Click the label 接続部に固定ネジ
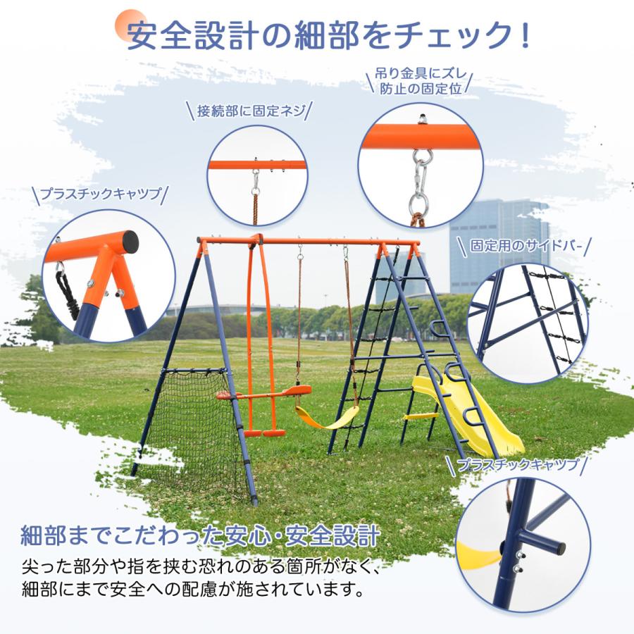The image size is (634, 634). (x=251, y=111)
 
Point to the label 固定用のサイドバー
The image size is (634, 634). (x=522, y=247)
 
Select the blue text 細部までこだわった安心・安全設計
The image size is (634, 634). (x=201, y=533)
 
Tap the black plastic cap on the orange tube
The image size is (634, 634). (x=128, y=244)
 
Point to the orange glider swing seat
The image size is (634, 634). (x=264, y=394)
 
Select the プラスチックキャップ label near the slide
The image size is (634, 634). (x=517, y=464)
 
